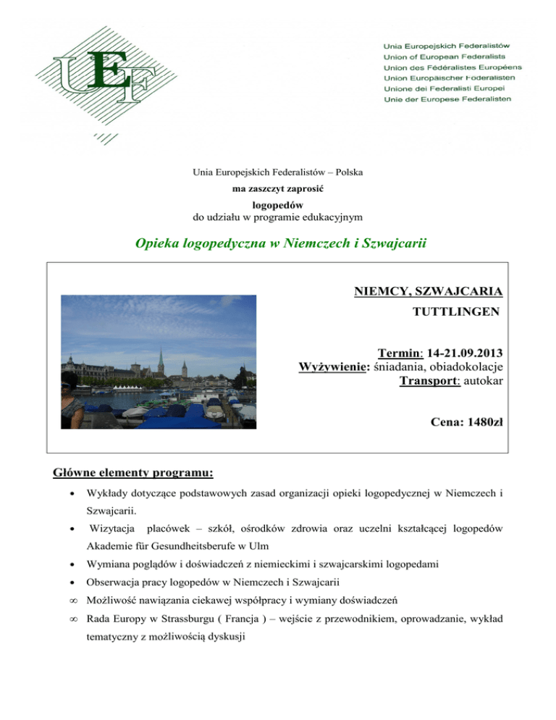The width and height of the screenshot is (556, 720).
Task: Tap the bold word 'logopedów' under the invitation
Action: click(277, 205)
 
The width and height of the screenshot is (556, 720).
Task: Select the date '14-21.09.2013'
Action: click(463, 353)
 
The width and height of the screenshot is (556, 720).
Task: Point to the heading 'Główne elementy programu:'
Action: click(133, 474)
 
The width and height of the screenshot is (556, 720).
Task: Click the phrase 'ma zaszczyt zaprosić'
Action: click(277, 188)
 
